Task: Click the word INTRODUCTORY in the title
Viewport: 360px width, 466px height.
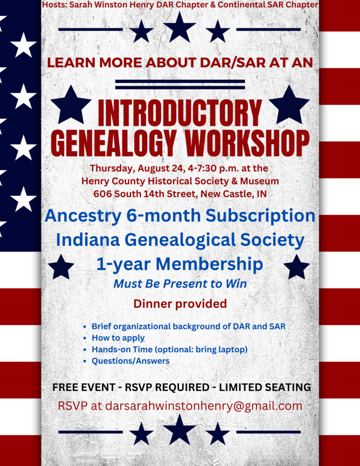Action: (x=180, y=113)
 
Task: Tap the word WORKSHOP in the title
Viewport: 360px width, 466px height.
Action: (x=247, y=143)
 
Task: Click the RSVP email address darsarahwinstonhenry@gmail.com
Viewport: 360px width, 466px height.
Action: (x=203, y=406)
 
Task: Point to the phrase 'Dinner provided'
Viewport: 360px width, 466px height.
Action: (x=180, y=304)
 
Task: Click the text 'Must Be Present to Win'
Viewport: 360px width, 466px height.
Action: (x=180, y=284)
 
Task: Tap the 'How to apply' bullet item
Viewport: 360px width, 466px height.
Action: (x=118, y=338)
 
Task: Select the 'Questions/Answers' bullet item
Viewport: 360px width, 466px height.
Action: (x=131, y=361)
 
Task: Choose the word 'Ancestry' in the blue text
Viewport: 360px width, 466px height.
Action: (x=83, y=216)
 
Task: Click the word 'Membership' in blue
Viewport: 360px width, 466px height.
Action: (x=209, y=264)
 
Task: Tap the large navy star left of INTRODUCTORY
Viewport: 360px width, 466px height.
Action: (x=71, y=105)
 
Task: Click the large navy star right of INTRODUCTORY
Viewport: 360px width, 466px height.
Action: (x=289, y=105)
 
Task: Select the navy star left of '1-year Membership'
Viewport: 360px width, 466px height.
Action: (x=61, y=267)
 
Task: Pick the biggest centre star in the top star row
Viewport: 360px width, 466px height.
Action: (x=180, y=27)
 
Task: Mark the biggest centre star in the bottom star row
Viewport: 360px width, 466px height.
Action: (x=180, y=430)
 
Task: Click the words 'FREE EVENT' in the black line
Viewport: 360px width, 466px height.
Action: (x=84, y=387)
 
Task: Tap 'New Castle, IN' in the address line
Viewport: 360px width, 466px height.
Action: (x=233, y=194)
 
